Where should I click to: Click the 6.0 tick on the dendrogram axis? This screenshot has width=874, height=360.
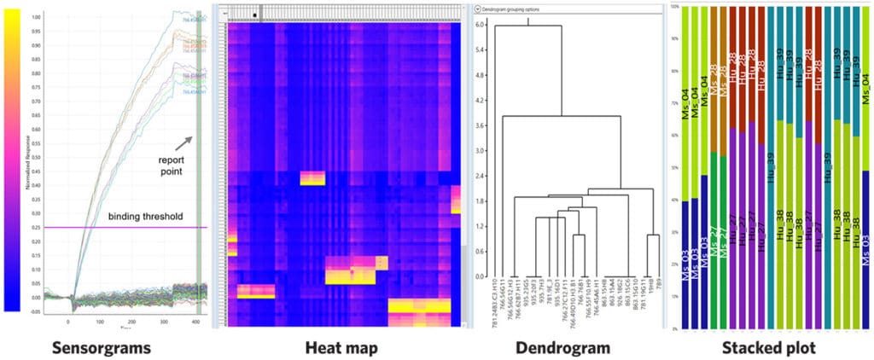[481, 26]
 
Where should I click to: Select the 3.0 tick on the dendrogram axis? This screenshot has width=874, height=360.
[481, 151]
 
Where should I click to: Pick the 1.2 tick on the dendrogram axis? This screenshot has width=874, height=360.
[481, 226]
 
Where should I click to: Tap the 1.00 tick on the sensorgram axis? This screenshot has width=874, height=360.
[35, 16]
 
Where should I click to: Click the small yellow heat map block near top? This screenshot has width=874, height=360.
[312, 177]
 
